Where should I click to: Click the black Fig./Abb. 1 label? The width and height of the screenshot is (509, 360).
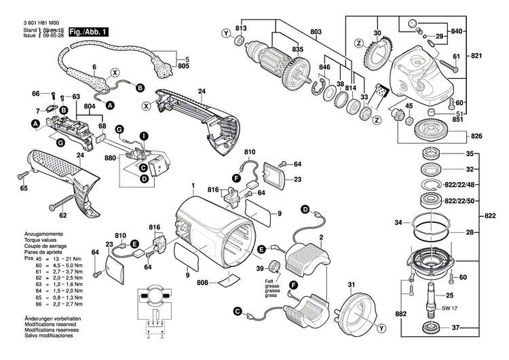(88, 32)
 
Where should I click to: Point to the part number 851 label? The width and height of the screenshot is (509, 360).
(458, 119)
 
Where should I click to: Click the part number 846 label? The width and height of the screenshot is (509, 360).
(326, 69)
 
